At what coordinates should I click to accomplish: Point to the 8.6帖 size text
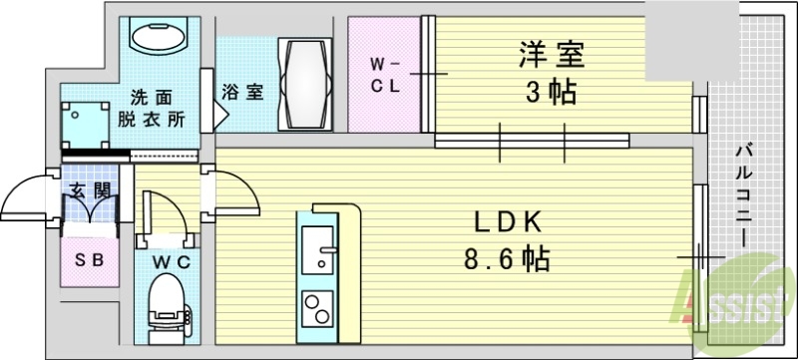[507, 261]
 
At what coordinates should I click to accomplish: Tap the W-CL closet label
[386, 76]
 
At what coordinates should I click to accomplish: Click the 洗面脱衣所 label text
[152, 109]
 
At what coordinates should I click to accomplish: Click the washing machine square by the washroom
[84, 126]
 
